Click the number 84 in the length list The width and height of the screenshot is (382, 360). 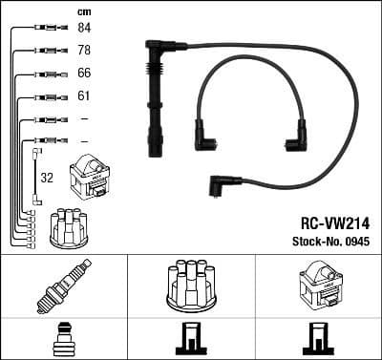pos(85,29)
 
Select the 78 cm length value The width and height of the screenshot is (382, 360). pos(85,50)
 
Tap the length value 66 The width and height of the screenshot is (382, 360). pos(85,74)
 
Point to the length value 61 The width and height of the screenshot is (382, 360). pos(85,96)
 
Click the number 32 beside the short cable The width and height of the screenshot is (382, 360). pos(46,177)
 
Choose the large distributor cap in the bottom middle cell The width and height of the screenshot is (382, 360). pos(190,284)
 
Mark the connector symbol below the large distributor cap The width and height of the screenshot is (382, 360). pos(190,341)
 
